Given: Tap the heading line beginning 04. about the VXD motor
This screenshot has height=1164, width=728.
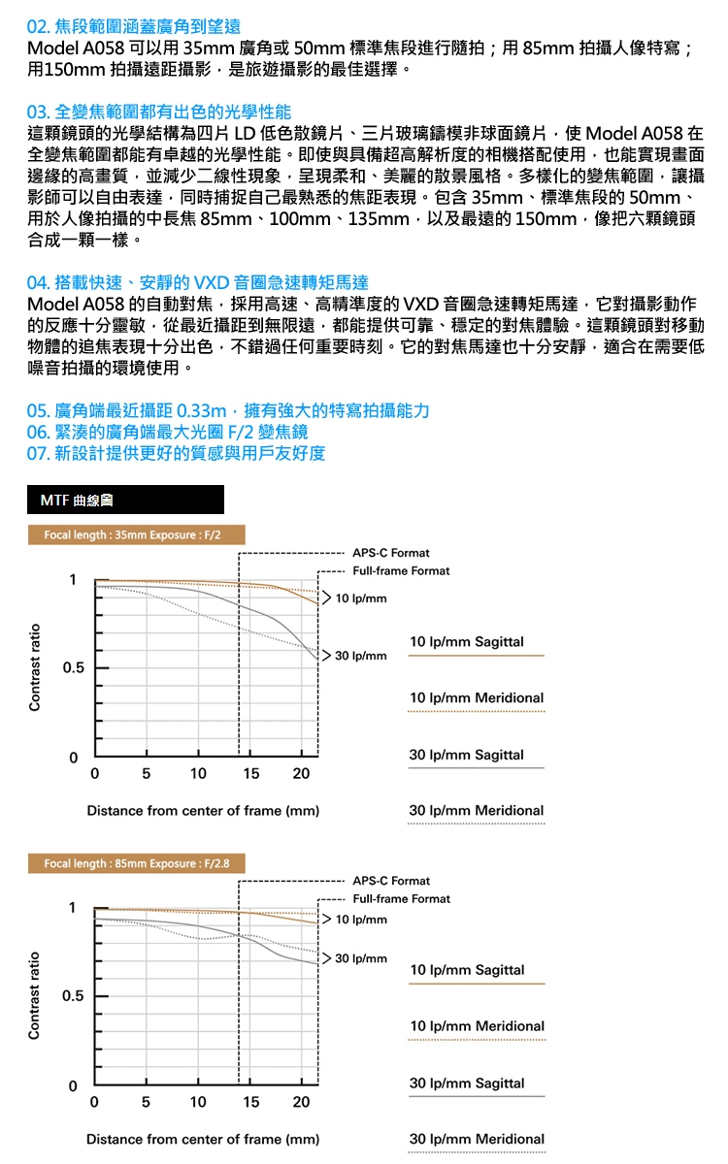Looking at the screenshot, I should point(198,283).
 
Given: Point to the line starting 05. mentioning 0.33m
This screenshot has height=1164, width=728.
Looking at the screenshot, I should point(228,410).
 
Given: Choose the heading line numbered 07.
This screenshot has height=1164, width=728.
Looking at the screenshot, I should point(177,453).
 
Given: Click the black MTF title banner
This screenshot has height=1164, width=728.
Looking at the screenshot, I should point(126,501).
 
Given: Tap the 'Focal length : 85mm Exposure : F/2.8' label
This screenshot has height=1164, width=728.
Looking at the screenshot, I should point(137,863).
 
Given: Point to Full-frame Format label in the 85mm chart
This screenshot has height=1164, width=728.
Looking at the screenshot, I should point(401,899).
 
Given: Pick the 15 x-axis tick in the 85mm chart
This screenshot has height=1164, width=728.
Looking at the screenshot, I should point(250,1103).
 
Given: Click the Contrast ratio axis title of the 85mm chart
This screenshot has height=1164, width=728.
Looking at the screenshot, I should point(35,995).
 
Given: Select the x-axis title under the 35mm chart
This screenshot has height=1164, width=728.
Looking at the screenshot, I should point(203,811).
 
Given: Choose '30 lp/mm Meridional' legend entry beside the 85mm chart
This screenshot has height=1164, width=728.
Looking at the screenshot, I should point(477,1139).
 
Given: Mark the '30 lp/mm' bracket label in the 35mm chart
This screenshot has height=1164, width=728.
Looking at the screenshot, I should point(361,657).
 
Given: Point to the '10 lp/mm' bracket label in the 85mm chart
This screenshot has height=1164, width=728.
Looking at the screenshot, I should point(361,919).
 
